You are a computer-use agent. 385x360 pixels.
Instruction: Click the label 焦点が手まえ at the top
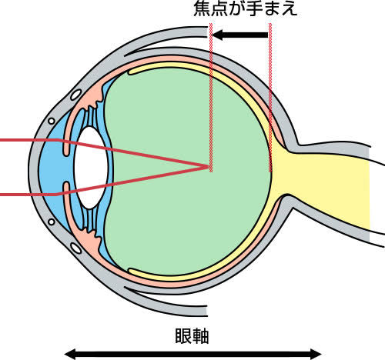tap(246, 9)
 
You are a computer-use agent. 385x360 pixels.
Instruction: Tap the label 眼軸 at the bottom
tap(192, 336)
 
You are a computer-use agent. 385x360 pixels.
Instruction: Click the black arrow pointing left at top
tap(240, 35)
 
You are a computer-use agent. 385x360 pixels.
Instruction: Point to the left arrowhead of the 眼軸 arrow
tap(69, 355)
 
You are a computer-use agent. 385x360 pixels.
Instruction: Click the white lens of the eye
tap(91, 168)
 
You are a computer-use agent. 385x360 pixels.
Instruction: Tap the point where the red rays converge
tap(209, 167)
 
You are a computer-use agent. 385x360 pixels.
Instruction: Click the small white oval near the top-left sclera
tap(76, 95)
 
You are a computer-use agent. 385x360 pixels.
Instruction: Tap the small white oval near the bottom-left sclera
tap(76, 248)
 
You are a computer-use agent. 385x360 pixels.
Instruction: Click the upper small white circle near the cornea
tap(52, 121)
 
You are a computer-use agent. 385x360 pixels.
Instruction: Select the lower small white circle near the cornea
tap(52, 222)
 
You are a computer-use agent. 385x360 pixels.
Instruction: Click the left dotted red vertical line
tap(211, 98)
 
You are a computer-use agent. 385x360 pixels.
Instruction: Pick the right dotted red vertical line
tap(270, 98)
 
